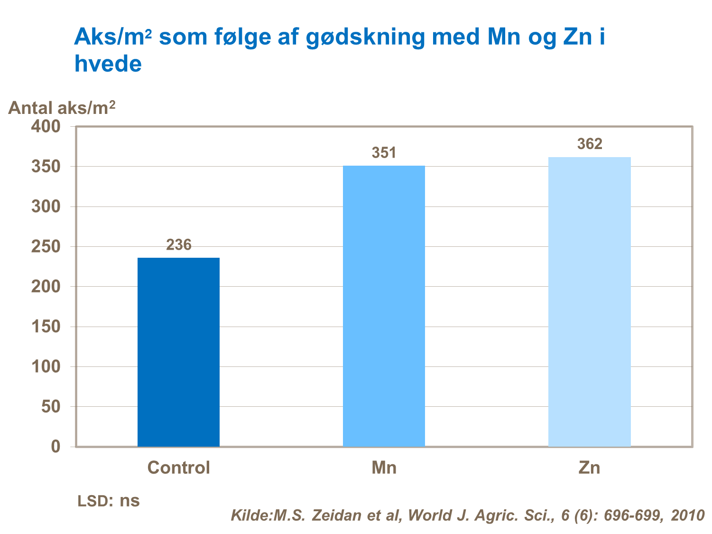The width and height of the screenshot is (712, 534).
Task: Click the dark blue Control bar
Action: (178, 352)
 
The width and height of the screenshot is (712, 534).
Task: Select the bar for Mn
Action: (384, 306)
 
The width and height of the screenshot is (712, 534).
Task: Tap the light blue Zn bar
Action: (589, 301)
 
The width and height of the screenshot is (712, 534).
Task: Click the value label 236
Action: (178, 245)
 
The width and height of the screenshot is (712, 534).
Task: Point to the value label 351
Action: (384, 153)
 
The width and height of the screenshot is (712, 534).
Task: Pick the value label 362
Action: (590, 144)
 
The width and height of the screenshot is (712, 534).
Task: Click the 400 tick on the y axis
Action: (46, 127)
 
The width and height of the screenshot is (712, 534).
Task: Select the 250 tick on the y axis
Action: (46, 247)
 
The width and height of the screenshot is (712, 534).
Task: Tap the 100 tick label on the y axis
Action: (46, 367)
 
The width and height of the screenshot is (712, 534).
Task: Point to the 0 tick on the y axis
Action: (56, 447)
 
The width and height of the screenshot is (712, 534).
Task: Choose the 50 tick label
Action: (51, 407)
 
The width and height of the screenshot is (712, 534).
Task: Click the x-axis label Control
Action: (178, 468)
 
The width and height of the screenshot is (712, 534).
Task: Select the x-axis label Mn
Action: (384, 468)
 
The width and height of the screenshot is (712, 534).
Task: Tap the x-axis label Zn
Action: (589, 468)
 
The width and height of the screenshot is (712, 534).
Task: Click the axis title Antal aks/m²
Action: (62, 108)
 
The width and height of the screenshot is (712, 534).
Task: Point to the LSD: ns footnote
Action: (109, 501)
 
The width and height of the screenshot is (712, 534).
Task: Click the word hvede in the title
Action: (108, 64)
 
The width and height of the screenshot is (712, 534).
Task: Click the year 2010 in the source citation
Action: (687, 515)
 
